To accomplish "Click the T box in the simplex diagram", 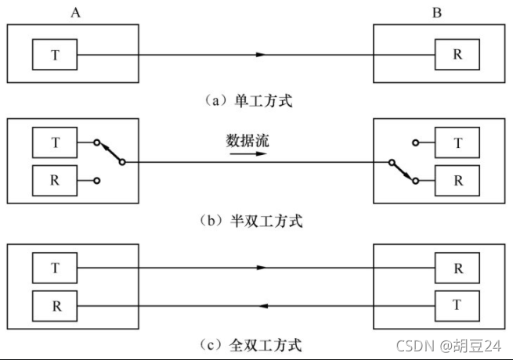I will point(55,55).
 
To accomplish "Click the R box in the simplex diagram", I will point(457,55).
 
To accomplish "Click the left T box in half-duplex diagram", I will point(55,143).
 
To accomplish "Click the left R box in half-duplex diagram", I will point(55,180).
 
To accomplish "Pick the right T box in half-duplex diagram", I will point(457,143).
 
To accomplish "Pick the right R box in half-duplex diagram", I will point(457,180).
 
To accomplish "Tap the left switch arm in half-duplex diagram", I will point(110,153).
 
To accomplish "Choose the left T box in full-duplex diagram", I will point(55,267).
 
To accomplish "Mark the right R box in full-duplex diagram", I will point(457,267).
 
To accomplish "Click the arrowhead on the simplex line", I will point(262,55).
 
